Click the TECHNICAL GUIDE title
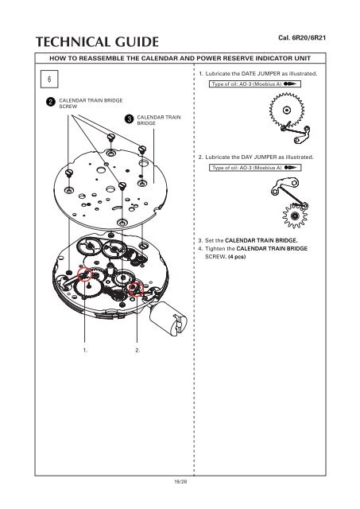pyautogui.click(x=97, y=42)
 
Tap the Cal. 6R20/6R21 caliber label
pyautogui.click(x=302, y=37)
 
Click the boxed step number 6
pyautogui.click(x=49, y=79)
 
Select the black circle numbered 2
pyautogui.click(x=50, y=102)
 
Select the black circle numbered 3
pyautogui.click(x=129, y=119)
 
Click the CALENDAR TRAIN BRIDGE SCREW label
pyautogui.click(x=91, y=103)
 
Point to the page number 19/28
pyautogui.click(x=180, y=482)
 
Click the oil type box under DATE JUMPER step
pyautogui.click(x=255, y=84)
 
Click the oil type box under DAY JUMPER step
pyautogui.click(x=255, y=168)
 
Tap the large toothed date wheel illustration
pyautogui.click(x=286, y=110)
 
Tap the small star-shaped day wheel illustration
pyautogui.click(x=295, y=216)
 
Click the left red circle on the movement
pyautogui.click(x=85, y=274)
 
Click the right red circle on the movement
pyautogui.click(x=136, y=289)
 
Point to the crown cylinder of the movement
pyautogui.click(x=168, y=318)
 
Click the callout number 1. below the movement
pyautogui.click(x=85, y=350)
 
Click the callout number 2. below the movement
pyautogui.click(x=137, y=350)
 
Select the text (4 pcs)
pyautogui.click(x=237, y=257)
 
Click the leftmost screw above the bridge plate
pyautogui.click(x=68, y=173)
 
